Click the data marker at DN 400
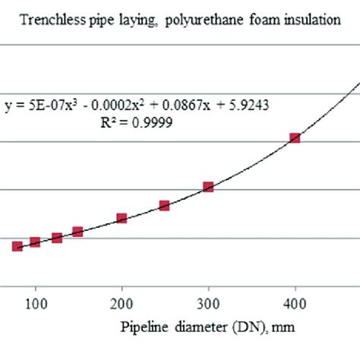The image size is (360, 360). click(295, 138)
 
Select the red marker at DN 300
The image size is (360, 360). click(208, 187)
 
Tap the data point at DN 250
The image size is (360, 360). click(164, 206)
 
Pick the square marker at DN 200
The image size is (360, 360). click(122, 219)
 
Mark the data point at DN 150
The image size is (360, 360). click(77, 232)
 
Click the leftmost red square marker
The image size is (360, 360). click(17, 246)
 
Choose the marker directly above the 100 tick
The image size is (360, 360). click(35, 242)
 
